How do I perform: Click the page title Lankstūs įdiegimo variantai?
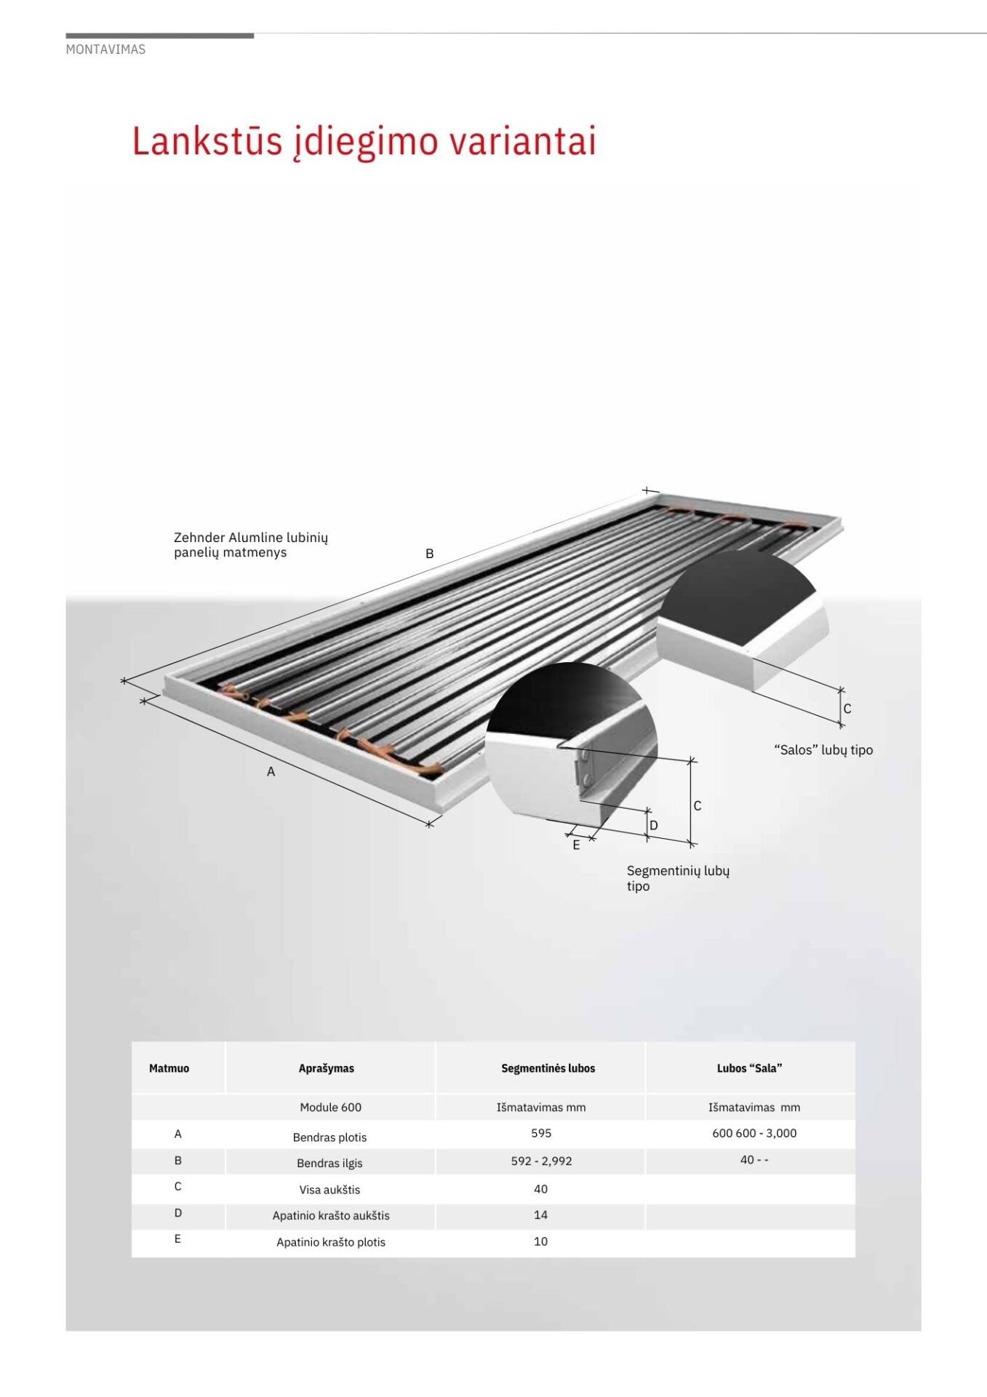click(x=364, y=141)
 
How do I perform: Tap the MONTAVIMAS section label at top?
click(x=105, y=49)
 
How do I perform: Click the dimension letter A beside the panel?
click(x=271, y=772)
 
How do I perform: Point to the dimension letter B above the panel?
click(x=429, y=554)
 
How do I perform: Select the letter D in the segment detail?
click(x=653, y=825)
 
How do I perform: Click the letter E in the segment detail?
click(x=576, y=845)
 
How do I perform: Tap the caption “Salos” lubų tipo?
click(x=823, y=750)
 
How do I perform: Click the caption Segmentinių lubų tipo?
click(x=678, y=878)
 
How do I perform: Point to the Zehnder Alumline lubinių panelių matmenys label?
click(x=251, y=545)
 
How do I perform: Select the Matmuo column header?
click(x=169, y=1068)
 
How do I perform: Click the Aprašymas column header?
click(x=327, y=1068)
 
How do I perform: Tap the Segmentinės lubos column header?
click(x=548, y=1068)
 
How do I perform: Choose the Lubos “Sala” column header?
click(x=750, y=1068)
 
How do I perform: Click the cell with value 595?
click(x=541, y=1133)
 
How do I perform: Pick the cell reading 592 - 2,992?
click(x=541, y=1161)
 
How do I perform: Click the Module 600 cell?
click(x=330, y=1107)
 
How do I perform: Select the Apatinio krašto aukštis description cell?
click(x=331, y=1215)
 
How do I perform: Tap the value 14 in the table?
click(x=540, y=1214)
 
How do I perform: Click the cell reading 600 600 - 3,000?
click(x=754, y=1133)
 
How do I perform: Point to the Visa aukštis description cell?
click(x=329, y=1190)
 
